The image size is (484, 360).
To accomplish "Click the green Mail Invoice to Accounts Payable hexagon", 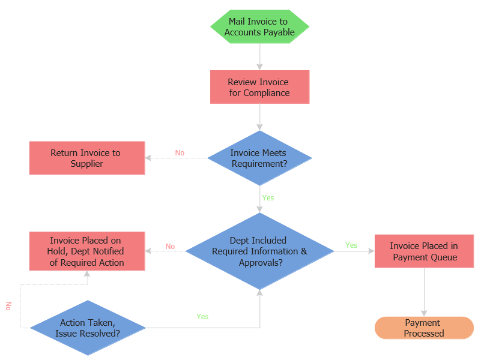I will coord(259,27).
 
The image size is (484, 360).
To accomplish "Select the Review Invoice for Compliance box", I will coord(259,87).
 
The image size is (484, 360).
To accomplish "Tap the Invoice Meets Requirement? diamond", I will coord(259,158).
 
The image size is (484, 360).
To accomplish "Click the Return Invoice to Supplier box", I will coord(87,158).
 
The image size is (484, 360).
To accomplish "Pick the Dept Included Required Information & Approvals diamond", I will coord(259,251).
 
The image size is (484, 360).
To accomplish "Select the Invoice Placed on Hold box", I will coord(87,251).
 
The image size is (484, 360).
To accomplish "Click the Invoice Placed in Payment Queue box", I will coord(424,251).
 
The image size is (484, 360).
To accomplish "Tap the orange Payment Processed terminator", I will coord(424,328).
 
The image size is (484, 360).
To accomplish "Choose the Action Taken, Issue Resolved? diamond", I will coord(88,328).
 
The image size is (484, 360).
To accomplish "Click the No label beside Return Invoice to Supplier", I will coord(180,153).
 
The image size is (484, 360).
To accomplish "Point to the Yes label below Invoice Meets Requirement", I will coord(268,197).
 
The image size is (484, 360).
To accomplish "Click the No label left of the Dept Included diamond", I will coord(170,247).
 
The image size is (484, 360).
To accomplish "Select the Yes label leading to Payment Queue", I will coord(351,245).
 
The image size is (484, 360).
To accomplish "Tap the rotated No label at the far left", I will coord(8,306).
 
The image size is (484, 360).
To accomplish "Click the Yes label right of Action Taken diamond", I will coord(202,316).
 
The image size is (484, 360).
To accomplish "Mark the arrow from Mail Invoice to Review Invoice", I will coord(259,57).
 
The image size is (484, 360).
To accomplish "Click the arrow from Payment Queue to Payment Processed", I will coord(424,291).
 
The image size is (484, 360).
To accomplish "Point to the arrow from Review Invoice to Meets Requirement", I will coord(259,117).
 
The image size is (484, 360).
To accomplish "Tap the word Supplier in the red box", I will coord(87,164).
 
